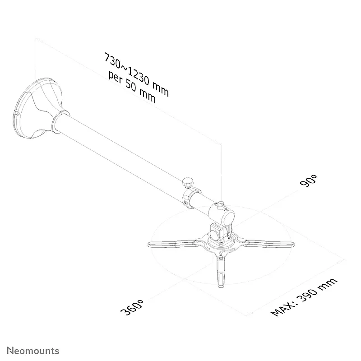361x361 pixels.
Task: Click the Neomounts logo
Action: pos(33,351)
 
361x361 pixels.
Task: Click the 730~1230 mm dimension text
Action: pos(137,74)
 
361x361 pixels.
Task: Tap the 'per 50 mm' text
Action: pos(132,87)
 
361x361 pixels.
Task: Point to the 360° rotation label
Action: pos(132,307)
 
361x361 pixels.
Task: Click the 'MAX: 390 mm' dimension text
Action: pos(304,297)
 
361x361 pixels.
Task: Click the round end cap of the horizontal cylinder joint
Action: pos(229,218)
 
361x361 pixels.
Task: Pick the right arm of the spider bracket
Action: pos(269,244)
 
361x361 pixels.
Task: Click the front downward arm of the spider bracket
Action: pos(221,272)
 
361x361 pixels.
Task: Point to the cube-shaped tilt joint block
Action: pos(218,232)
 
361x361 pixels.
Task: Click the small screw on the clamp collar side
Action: pos(185,202)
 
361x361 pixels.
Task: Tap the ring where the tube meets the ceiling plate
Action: pos(60,121)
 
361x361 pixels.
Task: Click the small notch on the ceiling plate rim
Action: pos(17,113)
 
